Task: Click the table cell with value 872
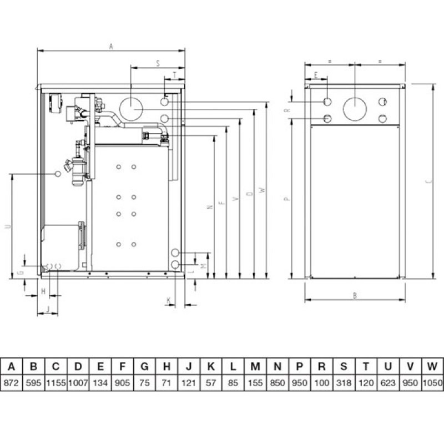click(12, 382)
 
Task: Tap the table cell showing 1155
click(56, 382)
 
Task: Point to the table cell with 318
click(344, 382)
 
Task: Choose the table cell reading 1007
click(78, 382)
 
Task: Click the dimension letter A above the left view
click(111, 47)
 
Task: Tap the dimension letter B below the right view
click(354, 296)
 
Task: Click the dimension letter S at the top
click(158, 63)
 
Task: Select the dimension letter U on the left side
click(6, 226)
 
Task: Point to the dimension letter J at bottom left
click(48, 309)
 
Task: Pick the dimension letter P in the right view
click(287, 198)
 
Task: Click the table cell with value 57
click(211, 382)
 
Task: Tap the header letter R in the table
click(321, 366)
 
